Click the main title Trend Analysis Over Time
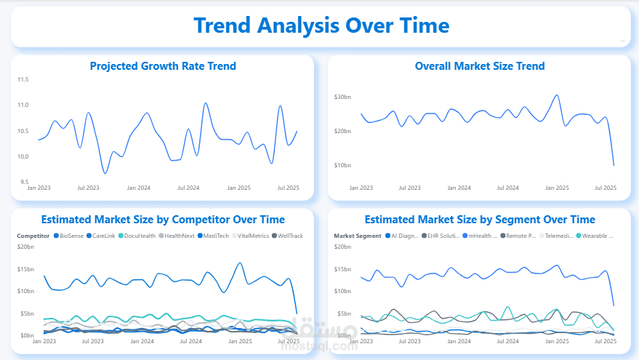click(321, 25)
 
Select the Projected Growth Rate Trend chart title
click(163, 66)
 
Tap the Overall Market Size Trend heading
click(480, 66)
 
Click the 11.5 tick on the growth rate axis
click(23, 79)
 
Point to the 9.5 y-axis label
click(24, 183)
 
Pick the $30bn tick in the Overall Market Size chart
click(342, 97)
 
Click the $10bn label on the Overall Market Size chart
click(342, 165)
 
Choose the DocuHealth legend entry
click(137, 236)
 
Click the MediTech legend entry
click(216, 236)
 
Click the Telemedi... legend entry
click(559, 236)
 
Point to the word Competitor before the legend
click(33, 236)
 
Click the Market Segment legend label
click(357, 236)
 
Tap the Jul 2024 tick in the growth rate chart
click(188, 188)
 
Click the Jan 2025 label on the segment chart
click(557, 340)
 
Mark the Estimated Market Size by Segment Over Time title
click(480, 219)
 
